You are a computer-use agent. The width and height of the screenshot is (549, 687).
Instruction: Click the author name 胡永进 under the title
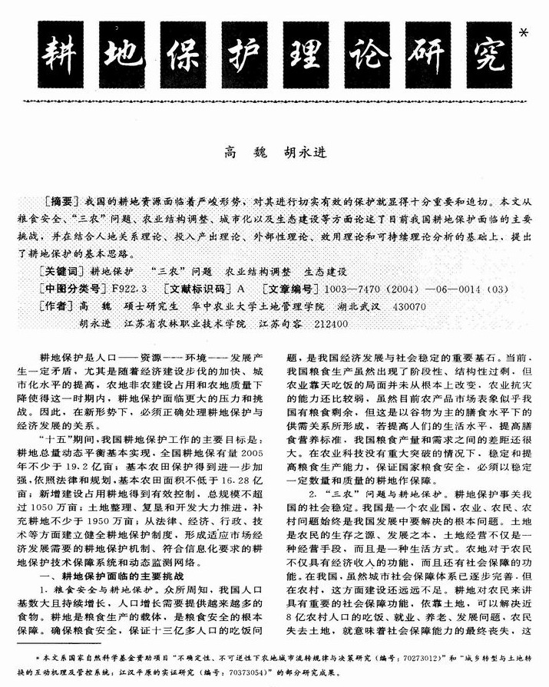(x=301, y=151)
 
